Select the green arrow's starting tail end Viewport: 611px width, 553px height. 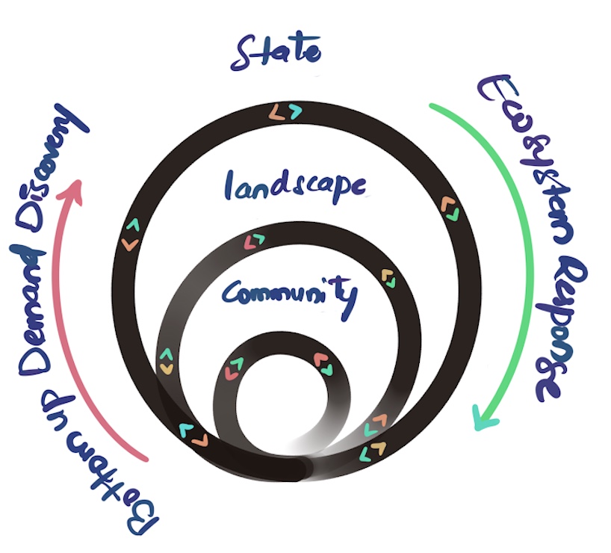(432, 106)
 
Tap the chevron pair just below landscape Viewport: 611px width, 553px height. (255, 241)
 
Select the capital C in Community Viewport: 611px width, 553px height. (232, 292)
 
